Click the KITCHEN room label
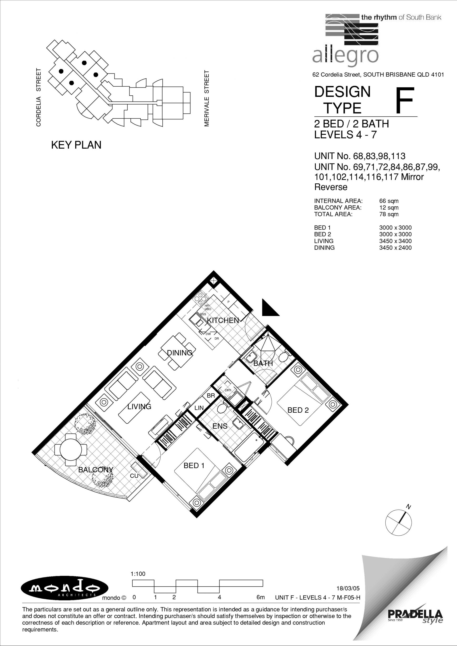(223, 320)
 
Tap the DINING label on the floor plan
(180, 353)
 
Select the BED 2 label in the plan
(298, 410)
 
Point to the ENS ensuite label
(220, 426)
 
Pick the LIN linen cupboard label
(199, 408)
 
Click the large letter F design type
(405, 100)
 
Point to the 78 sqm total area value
(389, 214)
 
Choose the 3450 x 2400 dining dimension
(395, 248)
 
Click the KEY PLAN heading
(76, 145)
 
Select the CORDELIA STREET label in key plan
(39, 97)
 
